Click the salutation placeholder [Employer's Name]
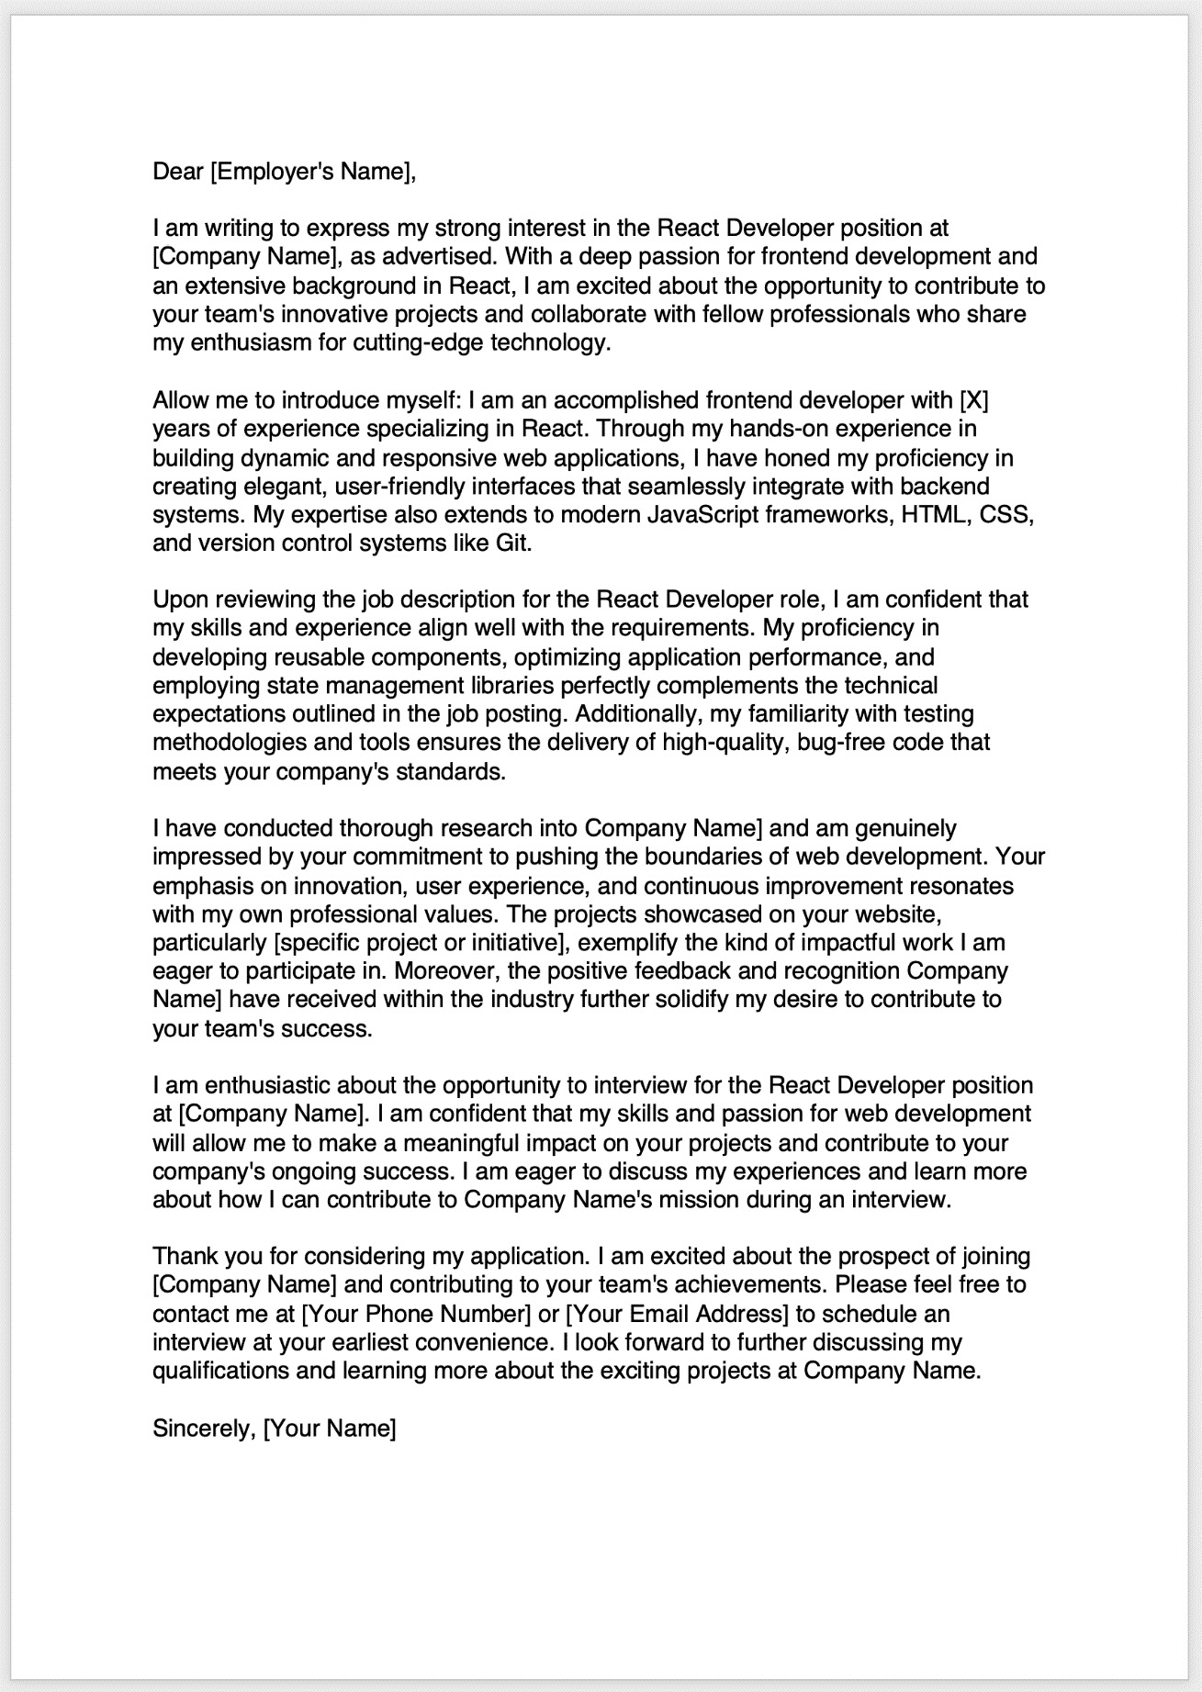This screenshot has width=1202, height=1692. (x=311, y=171)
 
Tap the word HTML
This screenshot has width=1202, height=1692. (x=935, y=514)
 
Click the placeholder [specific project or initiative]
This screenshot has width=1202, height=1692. (x=421, y=942)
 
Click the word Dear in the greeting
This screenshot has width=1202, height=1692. (x=177, y=171)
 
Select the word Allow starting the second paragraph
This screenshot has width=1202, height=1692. (x=180, y=400)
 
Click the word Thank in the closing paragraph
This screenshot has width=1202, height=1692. (x=184, y=1256)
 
